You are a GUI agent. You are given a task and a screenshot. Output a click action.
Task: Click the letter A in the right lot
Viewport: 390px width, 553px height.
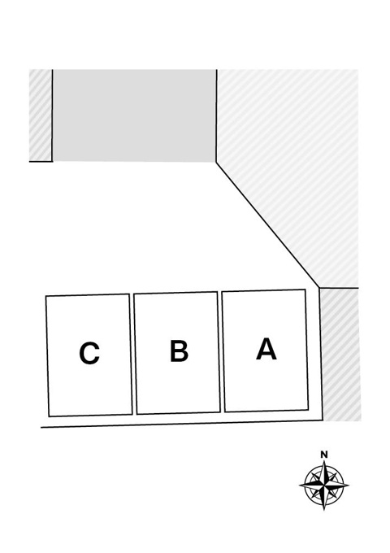pos(266,349)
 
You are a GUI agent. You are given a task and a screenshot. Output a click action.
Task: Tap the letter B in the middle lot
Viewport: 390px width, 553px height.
pos(179,351)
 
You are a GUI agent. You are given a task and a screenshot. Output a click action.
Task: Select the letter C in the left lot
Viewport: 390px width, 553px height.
pos(89,353)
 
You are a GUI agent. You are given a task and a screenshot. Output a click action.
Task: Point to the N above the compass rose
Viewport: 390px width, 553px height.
pos(324,455)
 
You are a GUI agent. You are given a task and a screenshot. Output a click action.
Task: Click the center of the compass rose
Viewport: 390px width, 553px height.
pos(324,486)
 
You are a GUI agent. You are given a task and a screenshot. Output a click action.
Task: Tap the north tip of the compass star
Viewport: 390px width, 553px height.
pos(324,460)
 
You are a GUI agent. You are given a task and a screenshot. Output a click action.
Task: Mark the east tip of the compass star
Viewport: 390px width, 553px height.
pos(349,485)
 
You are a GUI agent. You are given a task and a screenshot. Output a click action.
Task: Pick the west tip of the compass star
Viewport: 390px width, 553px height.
pos(300,486)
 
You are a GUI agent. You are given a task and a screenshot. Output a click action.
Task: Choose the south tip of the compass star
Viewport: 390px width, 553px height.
pos(324,510)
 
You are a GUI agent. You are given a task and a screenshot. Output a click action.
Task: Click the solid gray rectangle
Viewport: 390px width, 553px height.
pos(134,115)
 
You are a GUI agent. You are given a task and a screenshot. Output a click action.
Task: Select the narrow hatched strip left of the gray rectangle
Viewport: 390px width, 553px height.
pos(41,115)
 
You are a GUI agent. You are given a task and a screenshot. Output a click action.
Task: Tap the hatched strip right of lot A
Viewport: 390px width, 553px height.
pos(340,355)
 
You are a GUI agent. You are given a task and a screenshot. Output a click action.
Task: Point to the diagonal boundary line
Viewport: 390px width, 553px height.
pos(268,225)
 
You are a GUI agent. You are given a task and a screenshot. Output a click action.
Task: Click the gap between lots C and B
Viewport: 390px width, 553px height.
pos(132,354)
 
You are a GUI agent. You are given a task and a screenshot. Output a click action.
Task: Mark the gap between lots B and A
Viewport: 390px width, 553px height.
pos(221,352)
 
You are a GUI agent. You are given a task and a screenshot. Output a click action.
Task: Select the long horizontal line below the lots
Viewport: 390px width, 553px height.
pos(182,424)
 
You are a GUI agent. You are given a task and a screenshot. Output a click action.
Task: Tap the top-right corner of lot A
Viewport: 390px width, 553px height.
pos(305,290)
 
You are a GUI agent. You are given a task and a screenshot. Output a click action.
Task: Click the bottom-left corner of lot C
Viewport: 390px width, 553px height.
pos(49,416)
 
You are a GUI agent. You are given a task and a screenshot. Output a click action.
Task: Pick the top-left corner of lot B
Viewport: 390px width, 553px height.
pos(134,294)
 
